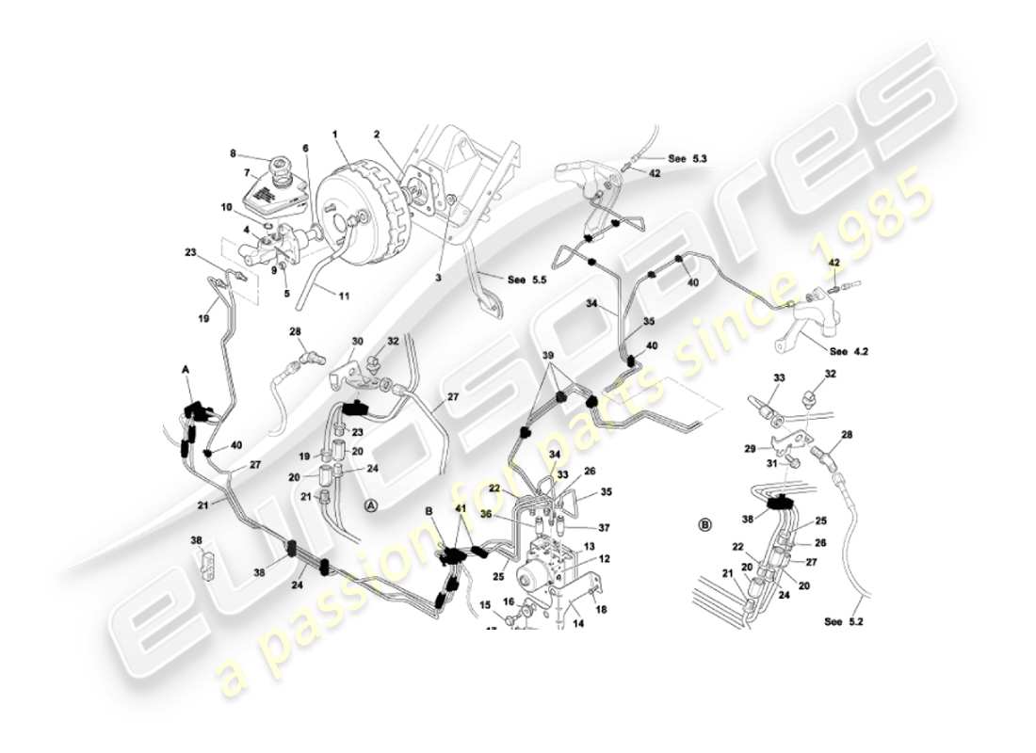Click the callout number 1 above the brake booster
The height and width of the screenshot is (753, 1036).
333,135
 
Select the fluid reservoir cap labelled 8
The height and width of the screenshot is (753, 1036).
281,173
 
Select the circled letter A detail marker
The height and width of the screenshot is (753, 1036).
371,505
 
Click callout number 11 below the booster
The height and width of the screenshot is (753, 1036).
343,296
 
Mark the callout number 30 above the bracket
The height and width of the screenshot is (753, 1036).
357,341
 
